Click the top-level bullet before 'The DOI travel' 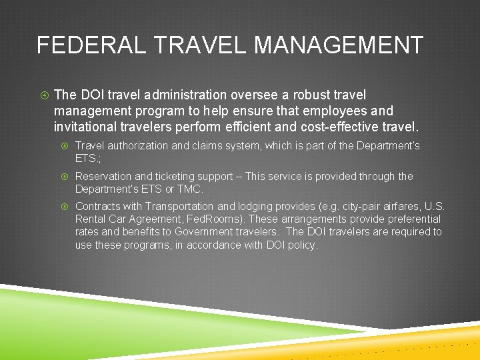42,96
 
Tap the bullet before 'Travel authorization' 65,146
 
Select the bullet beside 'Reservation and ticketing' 65,177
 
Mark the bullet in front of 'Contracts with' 65,207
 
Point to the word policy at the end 302,245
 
